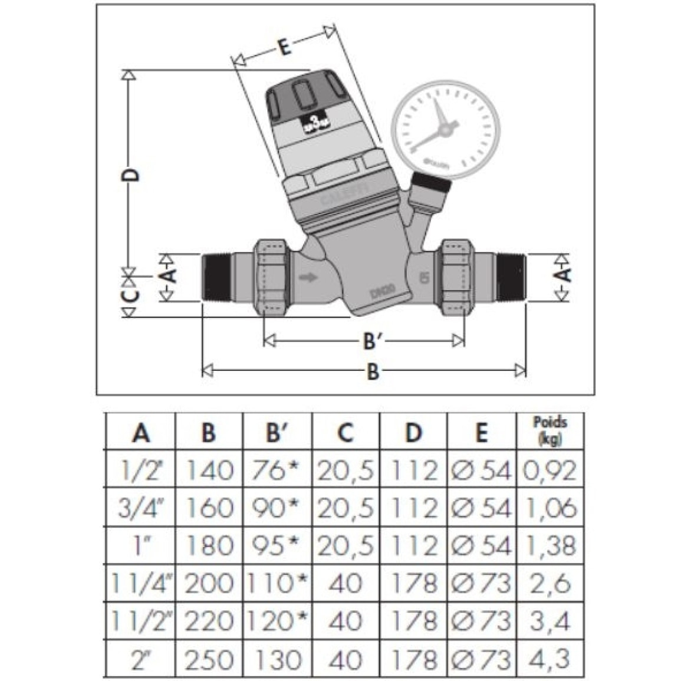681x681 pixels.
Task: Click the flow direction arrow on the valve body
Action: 308,277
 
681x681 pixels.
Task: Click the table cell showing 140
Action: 209,471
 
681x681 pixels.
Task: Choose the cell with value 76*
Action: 277,471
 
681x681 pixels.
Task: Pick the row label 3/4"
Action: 140,508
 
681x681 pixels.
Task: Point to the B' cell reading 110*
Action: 277,584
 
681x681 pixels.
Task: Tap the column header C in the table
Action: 346,433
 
